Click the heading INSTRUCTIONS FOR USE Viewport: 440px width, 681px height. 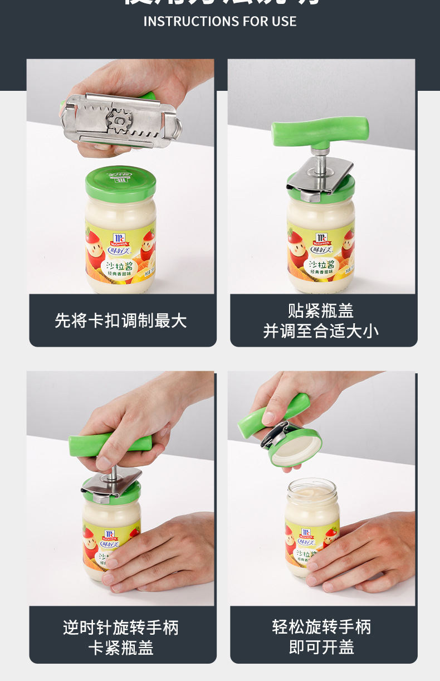click(220, 22)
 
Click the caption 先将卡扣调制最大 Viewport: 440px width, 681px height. click(121, 320)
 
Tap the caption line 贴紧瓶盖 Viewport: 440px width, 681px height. click(321, 311)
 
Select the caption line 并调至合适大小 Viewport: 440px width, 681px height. click(321, 331)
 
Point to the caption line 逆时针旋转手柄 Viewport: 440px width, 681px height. click(121, 628)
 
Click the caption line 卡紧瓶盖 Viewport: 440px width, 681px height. click(121, 648)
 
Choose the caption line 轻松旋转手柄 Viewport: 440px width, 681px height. click(321, 627)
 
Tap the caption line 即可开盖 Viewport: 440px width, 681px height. click(321, 647)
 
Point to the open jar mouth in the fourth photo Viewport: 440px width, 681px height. click(312, 490)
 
